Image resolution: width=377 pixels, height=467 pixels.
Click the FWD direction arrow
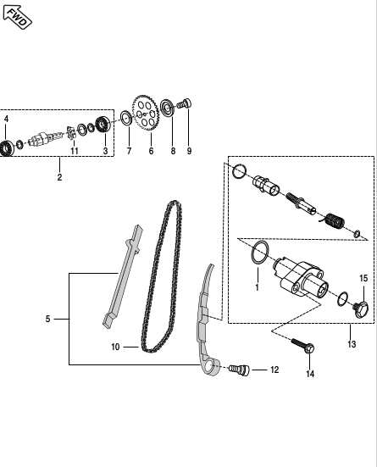(x=17, y=17)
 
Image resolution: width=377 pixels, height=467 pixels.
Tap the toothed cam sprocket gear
(x=146, y=114)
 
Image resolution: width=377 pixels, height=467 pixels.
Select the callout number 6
(x=151, y=151)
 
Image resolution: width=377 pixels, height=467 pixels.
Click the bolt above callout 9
(x=185, y=104)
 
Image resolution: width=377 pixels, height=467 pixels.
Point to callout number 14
(x=310, y=374)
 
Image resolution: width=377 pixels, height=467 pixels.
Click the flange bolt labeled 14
(x=302, y=346)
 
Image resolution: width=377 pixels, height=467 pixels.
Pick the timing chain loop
(x=162, y=277)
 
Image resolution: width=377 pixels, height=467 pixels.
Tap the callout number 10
(x=115, y=347)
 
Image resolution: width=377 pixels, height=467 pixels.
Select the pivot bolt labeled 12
(x=240, y=370)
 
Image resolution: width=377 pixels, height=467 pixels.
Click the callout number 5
(x=48, y=319)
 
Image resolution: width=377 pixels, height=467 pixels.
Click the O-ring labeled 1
(x=260, y=253)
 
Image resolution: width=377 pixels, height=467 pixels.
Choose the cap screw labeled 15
(x=361, y=309)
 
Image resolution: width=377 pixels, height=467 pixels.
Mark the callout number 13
(x=352, y=344)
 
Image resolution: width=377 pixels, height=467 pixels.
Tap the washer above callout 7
(x=126, y=119)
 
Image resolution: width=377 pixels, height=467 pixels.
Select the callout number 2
(x=59, y=177)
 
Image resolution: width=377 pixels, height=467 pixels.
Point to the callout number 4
(x=6, y=119)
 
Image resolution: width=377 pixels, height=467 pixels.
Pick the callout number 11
(x=75, y=151)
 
